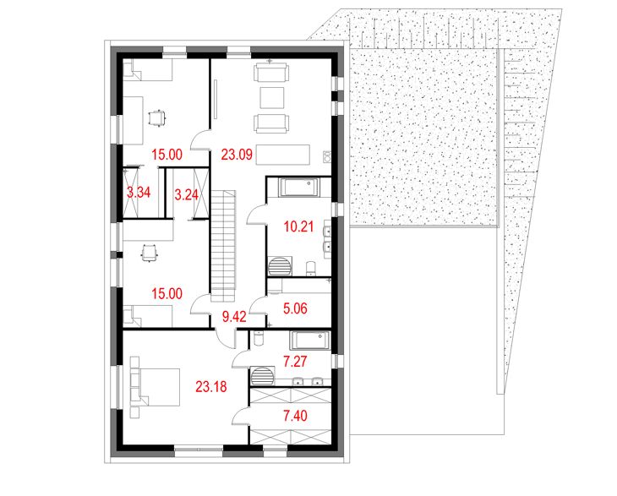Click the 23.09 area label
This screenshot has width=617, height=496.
click(238, 155)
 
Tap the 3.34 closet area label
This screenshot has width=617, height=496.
click(138, 193)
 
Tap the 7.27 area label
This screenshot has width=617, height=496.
click(297, 362)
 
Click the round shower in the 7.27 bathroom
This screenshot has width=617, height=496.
click(265, 373)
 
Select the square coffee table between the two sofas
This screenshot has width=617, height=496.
click(270, 97)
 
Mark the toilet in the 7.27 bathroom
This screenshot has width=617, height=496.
click(259, 339)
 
